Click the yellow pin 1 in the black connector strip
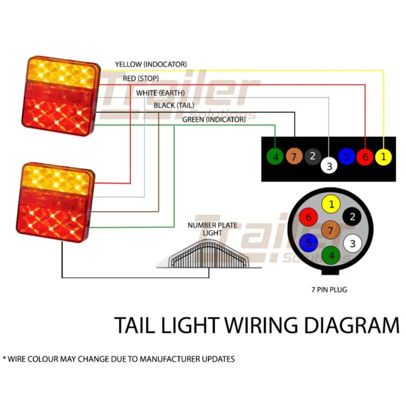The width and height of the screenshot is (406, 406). click(383, 157)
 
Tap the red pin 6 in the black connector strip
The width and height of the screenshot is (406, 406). click(364, 157)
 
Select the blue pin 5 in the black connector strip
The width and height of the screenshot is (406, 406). click(347, 155)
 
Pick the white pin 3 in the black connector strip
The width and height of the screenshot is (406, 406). click(329, 165)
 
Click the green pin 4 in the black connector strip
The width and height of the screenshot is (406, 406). click(276, 157)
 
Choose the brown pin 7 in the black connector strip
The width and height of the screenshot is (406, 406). click(294, 156)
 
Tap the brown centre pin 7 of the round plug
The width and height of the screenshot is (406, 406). click(330, 230)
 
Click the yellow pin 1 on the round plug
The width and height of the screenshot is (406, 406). click(331, 205)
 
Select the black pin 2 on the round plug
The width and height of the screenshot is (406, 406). click(351, 216)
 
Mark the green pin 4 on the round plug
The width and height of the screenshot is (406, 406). click(331, 255)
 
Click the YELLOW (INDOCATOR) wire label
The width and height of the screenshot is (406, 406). click(151, 64)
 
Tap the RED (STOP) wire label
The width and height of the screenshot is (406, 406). click(141, 78)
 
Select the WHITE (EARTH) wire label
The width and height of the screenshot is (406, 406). click(160, 93)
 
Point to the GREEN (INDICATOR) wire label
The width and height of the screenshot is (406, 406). click(213, 119)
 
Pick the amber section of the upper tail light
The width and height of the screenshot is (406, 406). click(59, 73)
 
